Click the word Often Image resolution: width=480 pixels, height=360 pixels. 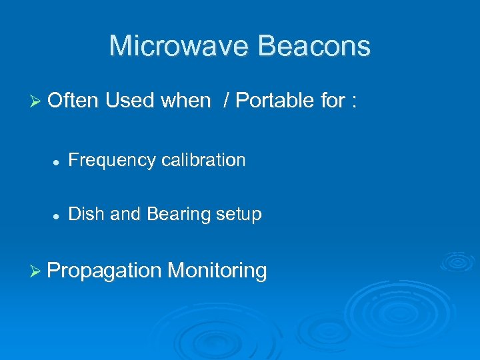(73, 101)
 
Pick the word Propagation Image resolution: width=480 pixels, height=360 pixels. (105, 271)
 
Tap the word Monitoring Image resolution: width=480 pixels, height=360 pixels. (217, 271)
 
